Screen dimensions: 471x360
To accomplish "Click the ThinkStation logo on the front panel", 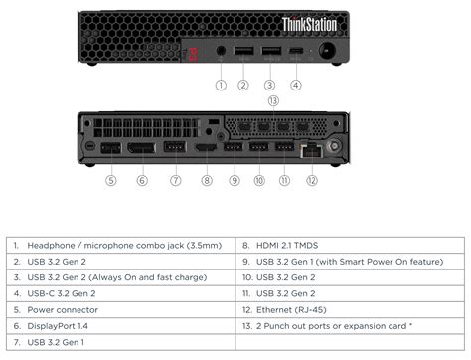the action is click(310, 24).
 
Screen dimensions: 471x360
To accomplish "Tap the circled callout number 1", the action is click(222, 85).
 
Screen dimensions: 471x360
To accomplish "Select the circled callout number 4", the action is click(296, 85).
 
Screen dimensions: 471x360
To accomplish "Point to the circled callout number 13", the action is click(273, 101).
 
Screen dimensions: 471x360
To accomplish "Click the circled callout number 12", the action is click(311, 180).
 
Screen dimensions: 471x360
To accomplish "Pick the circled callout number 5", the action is click(111, 180).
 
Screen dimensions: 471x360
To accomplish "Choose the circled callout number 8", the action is click(207, 180).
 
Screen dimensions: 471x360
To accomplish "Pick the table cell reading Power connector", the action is click(61, 310).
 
